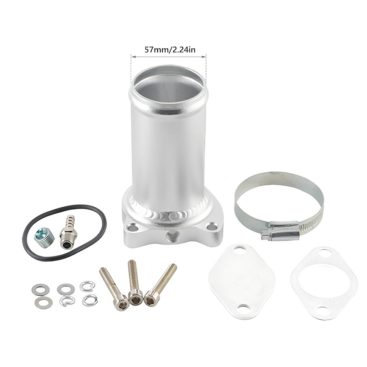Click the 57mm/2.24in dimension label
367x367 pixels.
pyautogui.click(x=170, y=50)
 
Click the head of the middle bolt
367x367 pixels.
pyautogui.click(x=136, y=297)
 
